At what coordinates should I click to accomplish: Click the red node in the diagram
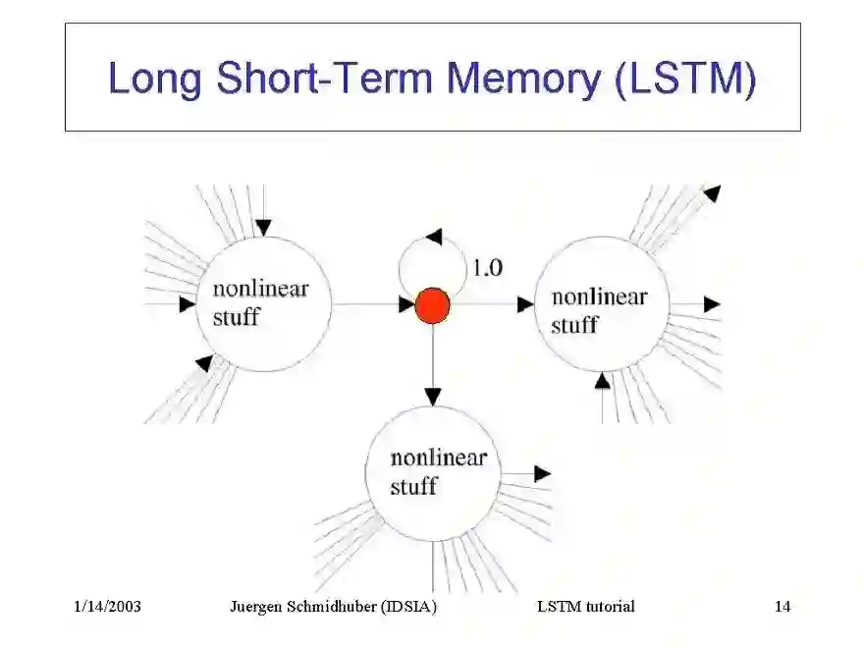432,305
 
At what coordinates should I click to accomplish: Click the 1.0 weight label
487,267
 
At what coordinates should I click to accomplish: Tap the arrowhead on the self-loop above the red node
433,238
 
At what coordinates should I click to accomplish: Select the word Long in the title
157,79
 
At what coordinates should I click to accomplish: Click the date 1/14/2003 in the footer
108,606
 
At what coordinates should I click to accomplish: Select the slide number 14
782,606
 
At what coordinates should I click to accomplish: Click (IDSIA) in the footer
410,606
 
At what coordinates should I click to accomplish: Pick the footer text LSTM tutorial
585,606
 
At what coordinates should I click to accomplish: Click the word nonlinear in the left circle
260,289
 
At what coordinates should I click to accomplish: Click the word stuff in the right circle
573,324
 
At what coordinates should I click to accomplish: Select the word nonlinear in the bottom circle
438,458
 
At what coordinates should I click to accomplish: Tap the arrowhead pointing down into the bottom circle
432,397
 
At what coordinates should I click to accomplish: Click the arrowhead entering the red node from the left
406,305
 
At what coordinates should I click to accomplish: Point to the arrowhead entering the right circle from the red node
525,305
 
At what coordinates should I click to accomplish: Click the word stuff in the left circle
236,316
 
